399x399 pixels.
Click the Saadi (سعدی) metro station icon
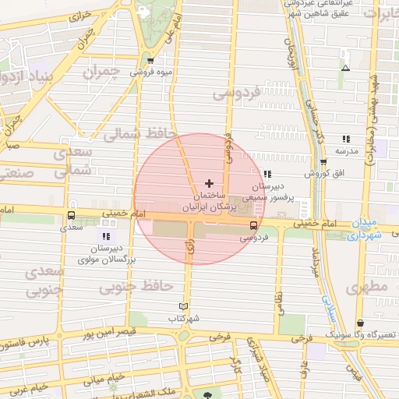pyautogui.click(x=72, y=216)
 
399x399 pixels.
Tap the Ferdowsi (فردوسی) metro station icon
pyautogui.click(x=252, y=224)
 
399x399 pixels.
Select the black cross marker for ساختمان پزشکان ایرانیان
pyautogui.click(x=209, y=182)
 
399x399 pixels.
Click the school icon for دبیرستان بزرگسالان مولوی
pyautogui.click(x=105, y=235)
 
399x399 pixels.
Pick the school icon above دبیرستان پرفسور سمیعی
pyautogui.click(x=267, y=175)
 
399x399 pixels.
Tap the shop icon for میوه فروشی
pyautogui.click(x=150, y=61)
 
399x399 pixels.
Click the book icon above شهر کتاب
pyautogui.click(x=184, y=306)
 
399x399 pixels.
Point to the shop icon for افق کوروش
pyautogui.click(x=323, y=162)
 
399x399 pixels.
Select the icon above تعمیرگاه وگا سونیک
pyautogui.click(x=359, y=323)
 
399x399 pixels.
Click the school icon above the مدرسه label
pyautogui.click(x=343, y=138)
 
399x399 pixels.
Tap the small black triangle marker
pyautogui.click(x=345, y=68)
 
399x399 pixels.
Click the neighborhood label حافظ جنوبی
pyautogui.click(x=136, y=287)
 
